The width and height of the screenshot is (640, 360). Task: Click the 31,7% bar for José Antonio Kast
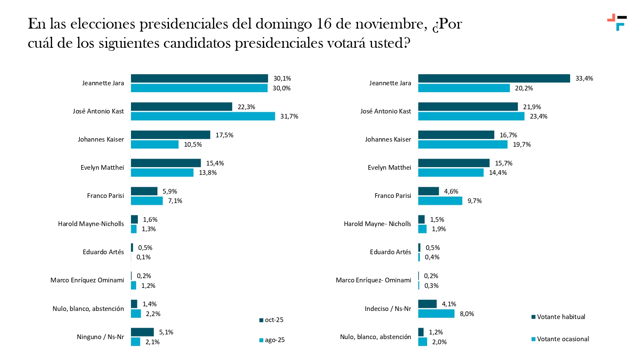pyautogui.click(x=203, y=116)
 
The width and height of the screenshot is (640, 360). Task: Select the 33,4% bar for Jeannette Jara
pyautogui.click(x=494, y=78)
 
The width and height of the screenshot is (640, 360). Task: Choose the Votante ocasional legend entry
pyautogui.click(x=560, y=339)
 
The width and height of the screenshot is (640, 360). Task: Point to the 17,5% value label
pyautogui.click(x=224, y=135)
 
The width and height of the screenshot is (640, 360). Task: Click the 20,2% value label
pyautogui.click(x=524, y=88)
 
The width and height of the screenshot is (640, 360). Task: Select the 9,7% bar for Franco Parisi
pyautogui.click(x=440, y=201)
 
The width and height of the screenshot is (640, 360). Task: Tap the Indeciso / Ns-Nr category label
pyautogui.click(x=388, y=309)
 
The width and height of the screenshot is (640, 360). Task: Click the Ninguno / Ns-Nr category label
pyautogui.click(x=100, y=337)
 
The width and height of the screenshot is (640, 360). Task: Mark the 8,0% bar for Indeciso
pyautogui.click(x=436, y=314)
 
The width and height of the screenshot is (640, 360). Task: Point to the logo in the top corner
pyautogui.click(x=617, y=22)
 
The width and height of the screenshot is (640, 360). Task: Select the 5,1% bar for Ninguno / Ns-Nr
pyautogui.click(x=142, y=332)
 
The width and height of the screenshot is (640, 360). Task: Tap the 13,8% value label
pyautogui.click(x=208, y=173)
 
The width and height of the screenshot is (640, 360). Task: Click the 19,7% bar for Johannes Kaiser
pyautogui.click(x=463, y=145)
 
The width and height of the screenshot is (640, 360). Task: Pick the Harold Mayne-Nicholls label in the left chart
pyautogui.click(x=91, y=224)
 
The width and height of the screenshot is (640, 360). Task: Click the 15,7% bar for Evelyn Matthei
pyautogui.click(x=454, y=163)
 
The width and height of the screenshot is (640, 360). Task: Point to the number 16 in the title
pyautogui.click(x=324, y=24)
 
